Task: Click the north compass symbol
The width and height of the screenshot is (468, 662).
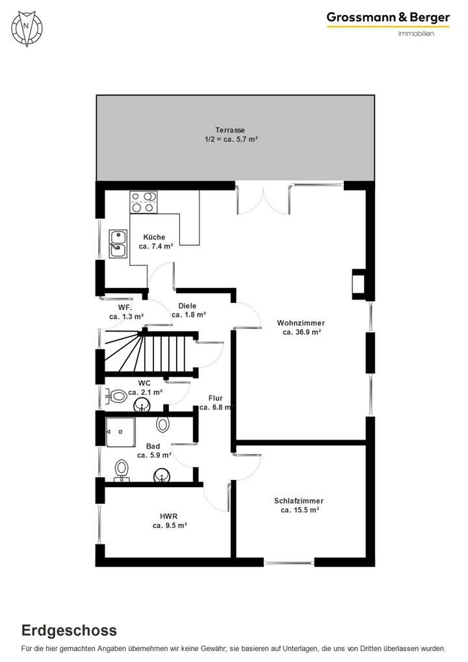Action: pyautogui.click(x=26, y=27)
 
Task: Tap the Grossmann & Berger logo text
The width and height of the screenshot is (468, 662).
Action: pyautogui.click(x=387, y=18)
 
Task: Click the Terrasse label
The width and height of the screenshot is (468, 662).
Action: pyautogui.click(x=231, y=130)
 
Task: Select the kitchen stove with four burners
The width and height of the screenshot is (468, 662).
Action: pyautogui.click(x=144, y=202)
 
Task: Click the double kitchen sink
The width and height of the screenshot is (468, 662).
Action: pyautogui.click(x=118, y=243)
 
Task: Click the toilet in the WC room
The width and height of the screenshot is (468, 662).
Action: pyautogui.click(x=117, y=395)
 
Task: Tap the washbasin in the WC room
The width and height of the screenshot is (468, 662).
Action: pyautogui.click(x=142, y=406)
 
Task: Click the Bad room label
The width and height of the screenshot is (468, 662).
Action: pyautogui.click(x=153, y=446)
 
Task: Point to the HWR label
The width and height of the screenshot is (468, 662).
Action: pyautogui.click(x=170, y=516)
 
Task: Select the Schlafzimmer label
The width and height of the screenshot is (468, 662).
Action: pyautogui.click(x=299, y=501)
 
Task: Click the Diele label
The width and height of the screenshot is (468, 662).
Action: pyautogui.click(x=187, y=306)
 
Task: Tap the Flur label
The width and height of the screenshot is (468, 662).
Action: pyautogui.click(x=216, y=398)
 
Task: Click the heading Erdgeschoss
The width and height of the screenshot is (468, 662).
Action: pyautogui.click(x=70, y=630)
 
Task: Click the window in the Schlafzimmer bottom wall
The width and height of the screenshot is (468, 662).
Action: pyautogui.click(x=289, y=562)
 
